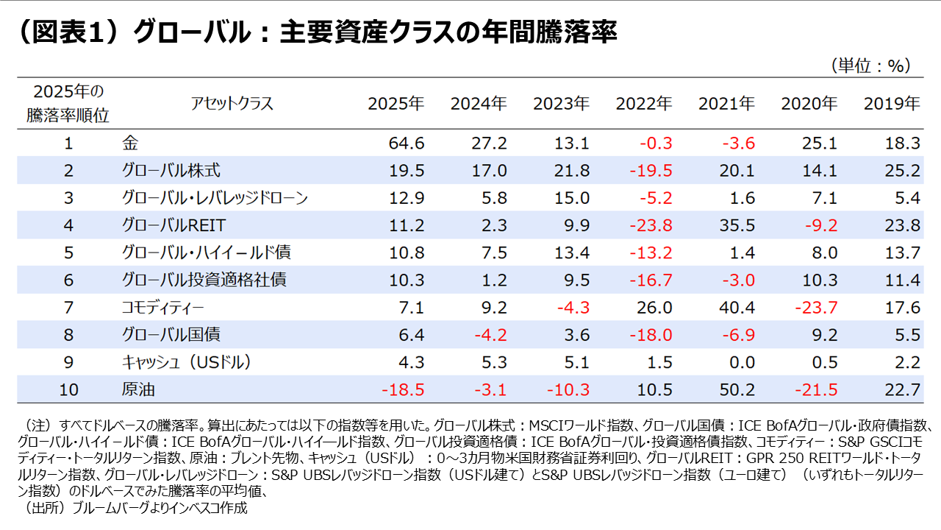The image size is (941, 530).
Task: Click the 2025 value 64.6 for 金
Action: click(406, 144)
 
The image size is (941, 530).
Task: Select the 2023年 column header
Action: click(562, 104)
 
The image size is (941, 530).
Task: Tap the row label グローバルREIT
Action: click(175, 225)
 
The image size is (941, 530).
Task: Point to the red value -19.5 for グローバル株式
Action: click(651, 171)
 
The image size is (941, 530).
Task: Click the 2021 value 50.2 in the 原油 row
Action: click(737, 389)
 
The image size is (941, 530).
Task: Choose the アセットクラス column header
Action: click(232, 104)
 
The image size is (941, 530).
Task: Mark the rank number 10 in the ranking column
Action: click(68, 389)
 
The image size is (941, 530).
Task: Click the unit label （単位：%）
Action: click(871, 66)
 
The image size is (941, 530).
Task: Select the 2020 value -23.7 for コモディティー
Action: click(816, 307)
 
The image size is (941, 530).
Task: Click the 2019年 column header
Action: click(892, 104)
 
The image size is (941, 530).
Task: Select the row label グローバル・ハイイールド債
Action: click(206, 252)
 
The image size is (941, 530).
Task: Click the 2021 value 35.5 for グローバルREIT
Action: click(737, 225)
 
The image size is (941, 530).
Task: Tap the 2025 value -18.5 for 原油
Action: click(402, 389)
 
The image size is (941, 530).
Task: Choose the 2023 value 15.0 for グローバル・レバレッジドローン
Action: click(572, 198)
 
